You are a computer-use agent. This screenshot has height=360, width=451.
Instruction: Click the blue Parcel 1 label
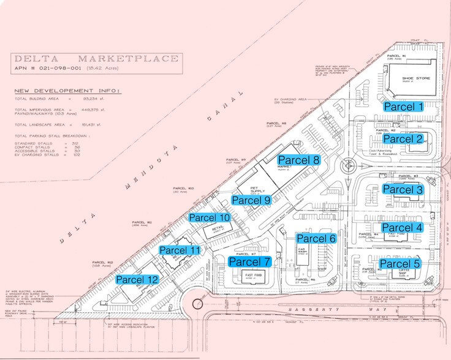[403, 106]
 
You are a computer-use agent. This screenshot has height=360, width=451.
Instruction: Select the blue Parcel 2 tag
[403, 139]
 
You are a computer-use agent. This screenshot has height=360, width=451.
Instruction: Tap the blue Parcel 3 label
[403, 189]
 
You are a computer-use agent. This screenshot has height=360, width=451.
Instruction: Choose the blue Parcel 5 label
[403, 264]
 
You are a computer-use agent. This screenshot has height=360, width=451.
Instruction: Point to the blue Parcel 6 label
[316, 238]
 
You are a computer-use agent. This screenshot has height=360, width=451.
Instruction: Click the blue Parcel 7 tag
[249, 261]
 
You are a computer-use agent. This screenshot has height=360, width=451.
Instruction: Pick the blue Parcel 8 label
[300, 160]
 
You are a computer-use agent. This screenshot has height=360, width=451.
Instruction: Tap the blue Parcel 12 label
[137, 279]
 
